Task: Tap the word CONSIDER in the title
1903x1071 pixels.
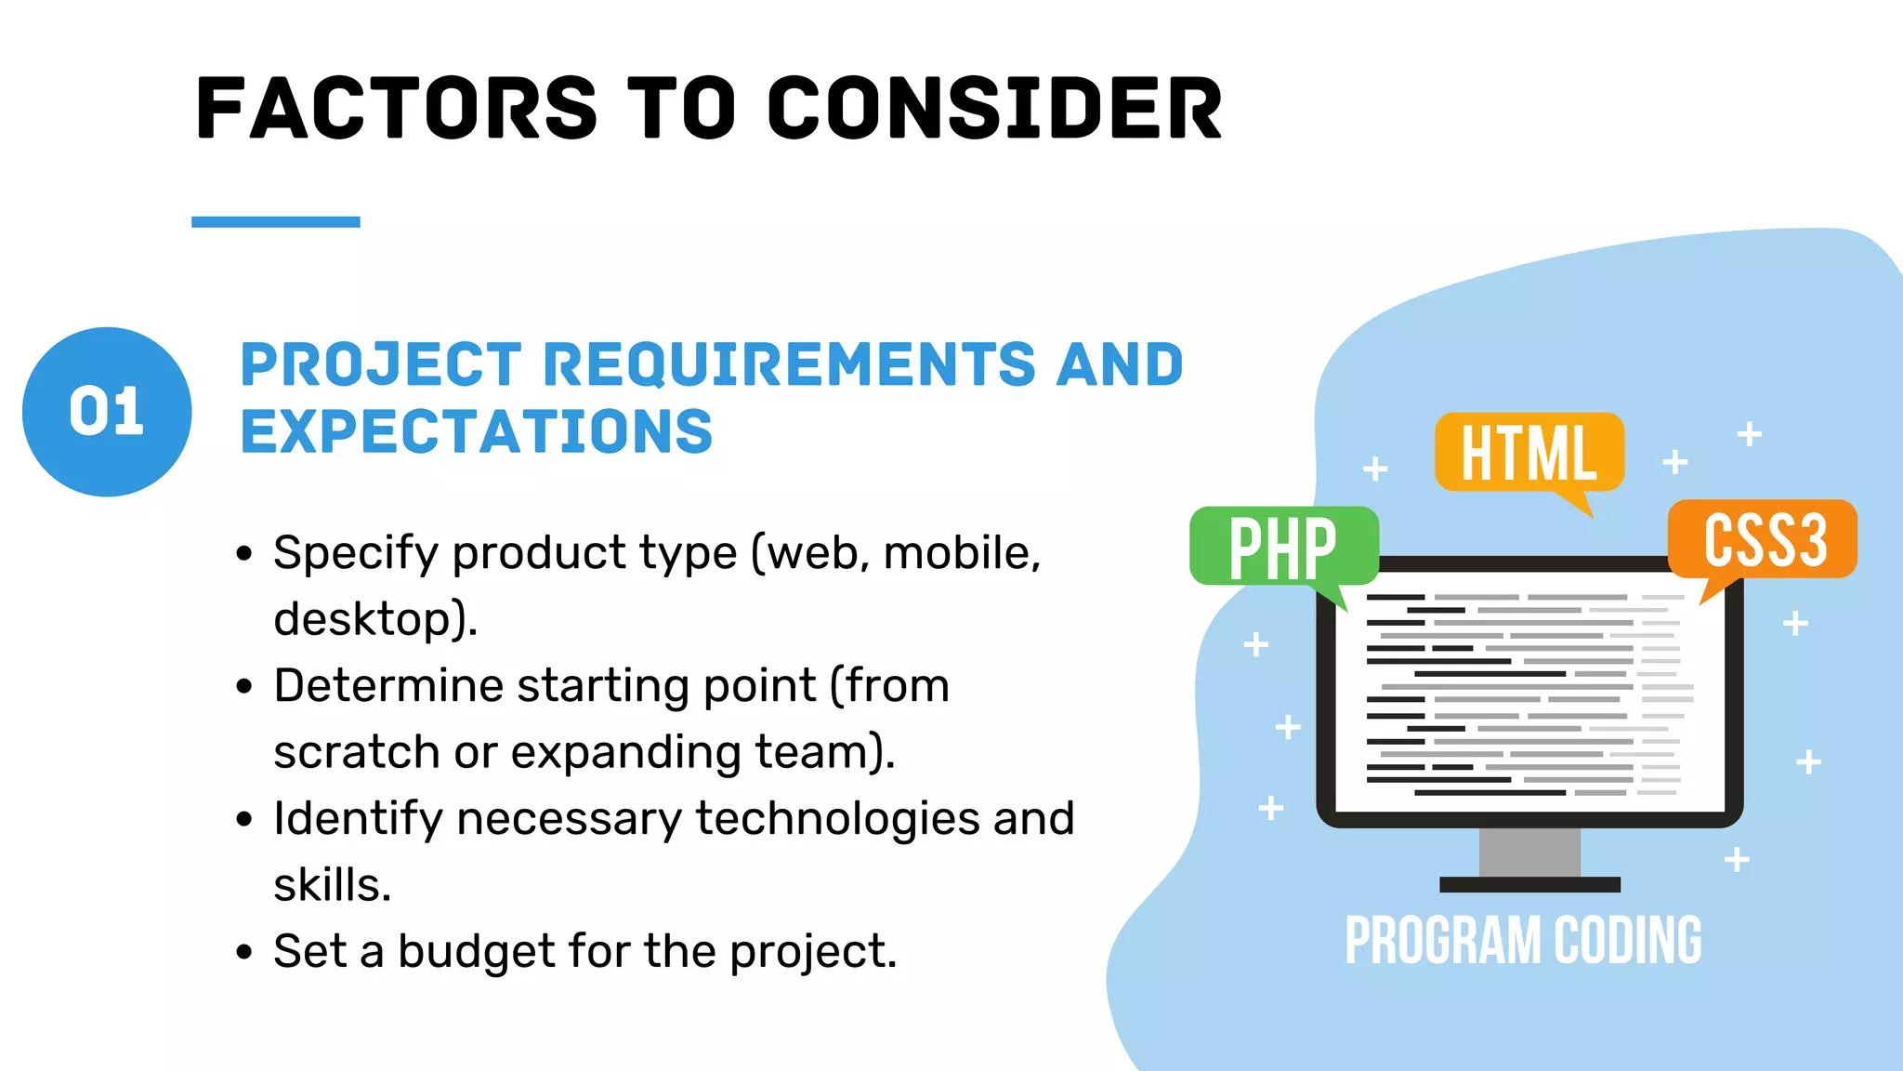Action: click(x=994, y=109)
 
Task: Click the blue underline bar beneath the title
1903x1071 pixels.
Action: click(x=276, y=222)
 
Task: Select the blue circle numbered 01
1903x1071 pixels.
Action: click(x=107, y=412)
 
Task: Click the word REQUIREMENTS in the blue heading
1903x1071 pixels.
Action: click(x=789, y=364)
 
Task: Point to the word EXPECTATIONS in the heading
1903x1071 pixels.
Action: click(x=476, y=432)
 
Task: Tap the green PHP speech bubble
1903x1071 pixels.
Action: click(x=1283, y=547)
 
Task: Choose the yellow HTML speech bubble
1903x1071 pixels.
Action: click(x=1529, y=453)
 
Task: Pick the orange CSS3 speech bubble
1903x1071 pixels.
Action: click(x=1764, y=540)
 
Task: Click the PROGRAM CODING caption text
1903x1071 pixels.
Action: click(x=1523, y=941)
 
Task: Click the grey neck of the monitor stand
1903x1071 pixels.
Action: click(x=1529, y=852)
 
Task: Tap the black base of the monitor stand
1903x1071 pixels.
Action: click(x=1529, y=885)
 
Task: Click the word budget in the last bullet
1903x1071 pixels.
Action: click(x=476, y=951)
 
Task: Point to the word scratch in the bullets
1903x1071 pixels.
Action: click(x=356, y=752)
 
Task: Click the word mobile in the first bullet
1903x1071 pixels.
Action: click(x=958, y=553)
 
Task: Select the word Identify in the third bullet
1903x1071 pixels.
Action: click(x=358, y=819)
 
